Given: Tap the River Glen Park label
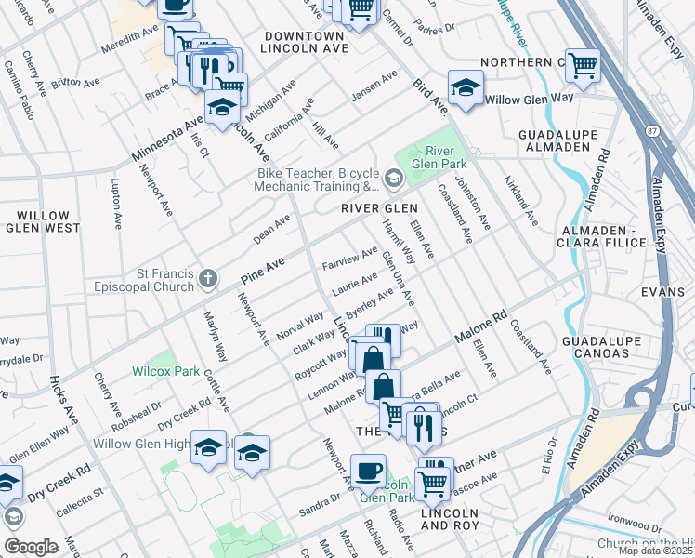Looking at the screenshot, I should (x=445, y=159).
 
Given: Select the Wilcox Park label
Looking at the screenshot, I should (x=166, y=371).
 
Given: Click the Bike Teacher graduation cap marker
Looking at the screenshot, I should (x=394, y=178).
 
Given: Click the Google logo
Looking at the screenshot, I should (x=31, y=547).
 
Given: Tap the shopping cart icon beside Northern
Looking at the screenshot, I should (x=583, y=65).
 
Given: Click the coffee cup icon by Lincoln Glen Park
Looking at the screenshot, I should (x=369, y=470).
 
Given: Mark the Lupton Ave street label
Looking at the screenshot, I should (x=117, y=206).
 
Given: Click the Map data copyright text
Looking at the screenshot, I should (x=654, y=551).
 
